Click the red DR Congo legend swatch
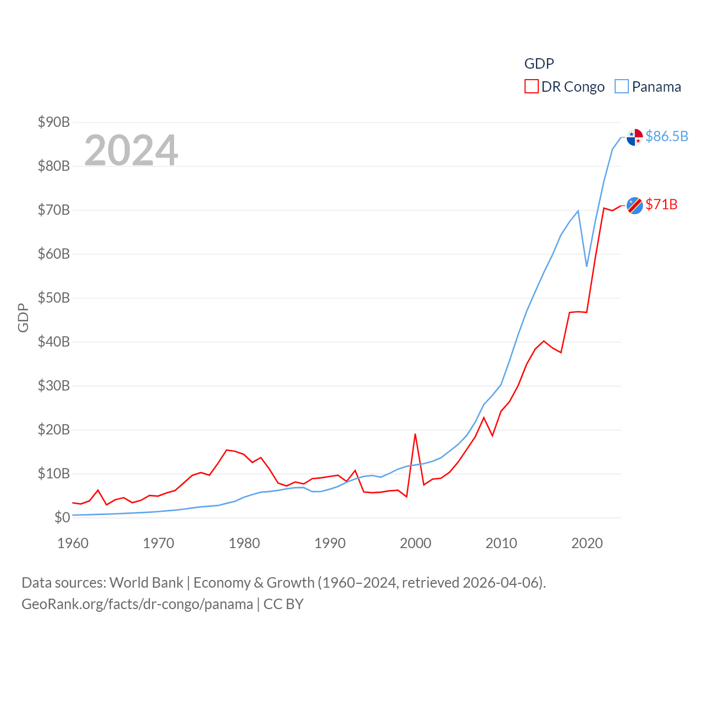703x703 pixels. tap(531, 87)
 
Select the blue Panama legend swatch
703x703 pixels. tap(621, 87)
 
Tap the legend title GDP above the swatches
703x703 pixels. tap(539, 64)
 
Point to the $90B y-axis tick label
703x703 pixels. tap(54, 122)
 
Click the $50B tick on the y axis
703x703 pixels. tap(54, 298)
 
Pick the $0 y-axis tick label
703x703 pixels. tap(62, 517)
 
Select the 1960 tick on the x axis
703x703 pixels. tap(73, 543)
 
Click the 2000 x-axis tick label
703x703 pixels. tap(416, 543)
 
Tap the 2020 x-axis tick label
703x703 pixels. tap(587, 543)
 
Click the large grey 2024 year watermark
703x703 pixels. tap(131, 150)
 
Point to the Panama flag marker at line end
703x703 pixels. tap(635, 137)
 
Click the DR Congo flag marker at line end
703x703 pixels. tap(635, 205)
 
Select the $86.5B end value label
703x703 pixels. tap(667, 136)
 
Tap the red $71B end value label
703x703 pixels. tap(661, 204)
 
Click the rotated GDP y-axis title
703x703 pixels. tap(23, 317)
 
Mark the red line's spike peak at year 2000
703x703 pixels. tap(415, 434)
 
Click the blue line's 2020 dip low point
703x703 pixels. tap(587, 266)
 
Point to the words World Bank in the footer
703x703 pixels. tap(147, 582)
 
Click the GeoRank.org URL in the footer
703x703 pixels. tap(137, 604)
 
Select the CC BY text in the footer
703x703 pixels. tap(283, 604)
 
